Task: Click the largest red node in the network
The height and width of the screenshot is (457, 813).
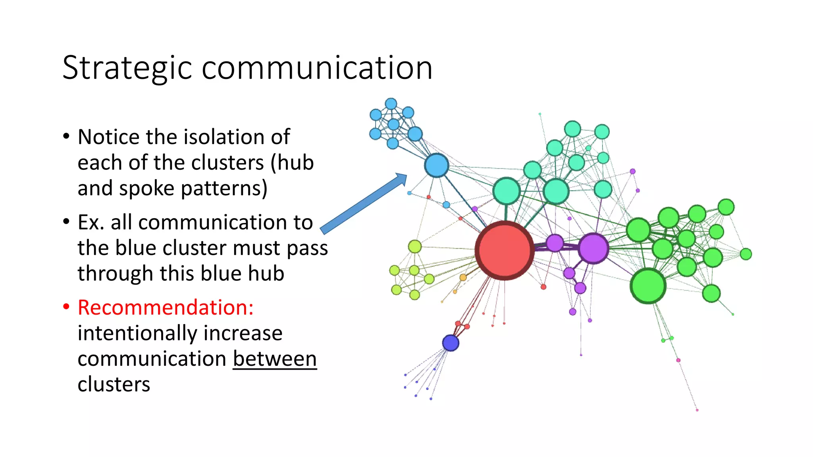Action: (x=505, y=250)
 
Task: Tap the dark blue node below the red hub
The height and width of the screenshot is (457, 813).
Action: (x=451, y=343)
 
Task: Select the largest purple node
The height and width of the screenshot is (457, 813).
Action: (x=593, y=248)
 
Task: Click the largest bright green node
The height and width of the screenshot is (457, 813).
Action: (x=648, y=286)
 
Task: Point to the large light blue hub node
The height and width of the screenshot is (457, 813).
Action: (x=437, y=165)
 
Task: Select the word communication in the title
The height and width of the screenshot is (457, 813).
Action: (x=317, y=68)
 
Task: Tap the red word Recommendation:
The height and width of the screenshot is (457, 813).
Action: (x=166, y=307)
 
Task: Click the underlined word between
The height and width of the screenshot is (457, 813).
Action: (x=275, y=359)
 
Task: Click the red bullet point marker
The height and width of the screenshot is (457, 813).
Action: (x=66, y=307)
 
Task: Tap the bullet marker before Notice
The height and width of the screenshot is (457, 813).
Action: (x=66, y=136)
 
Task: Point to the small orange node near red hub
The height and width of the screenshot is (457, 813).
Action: (x=463, y=277)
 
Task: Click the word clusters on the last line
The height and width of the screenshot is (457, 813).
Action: (x=114, y=384)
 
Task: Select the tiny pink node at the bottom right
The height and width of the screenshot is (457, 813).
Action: (x=697, y=410)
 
